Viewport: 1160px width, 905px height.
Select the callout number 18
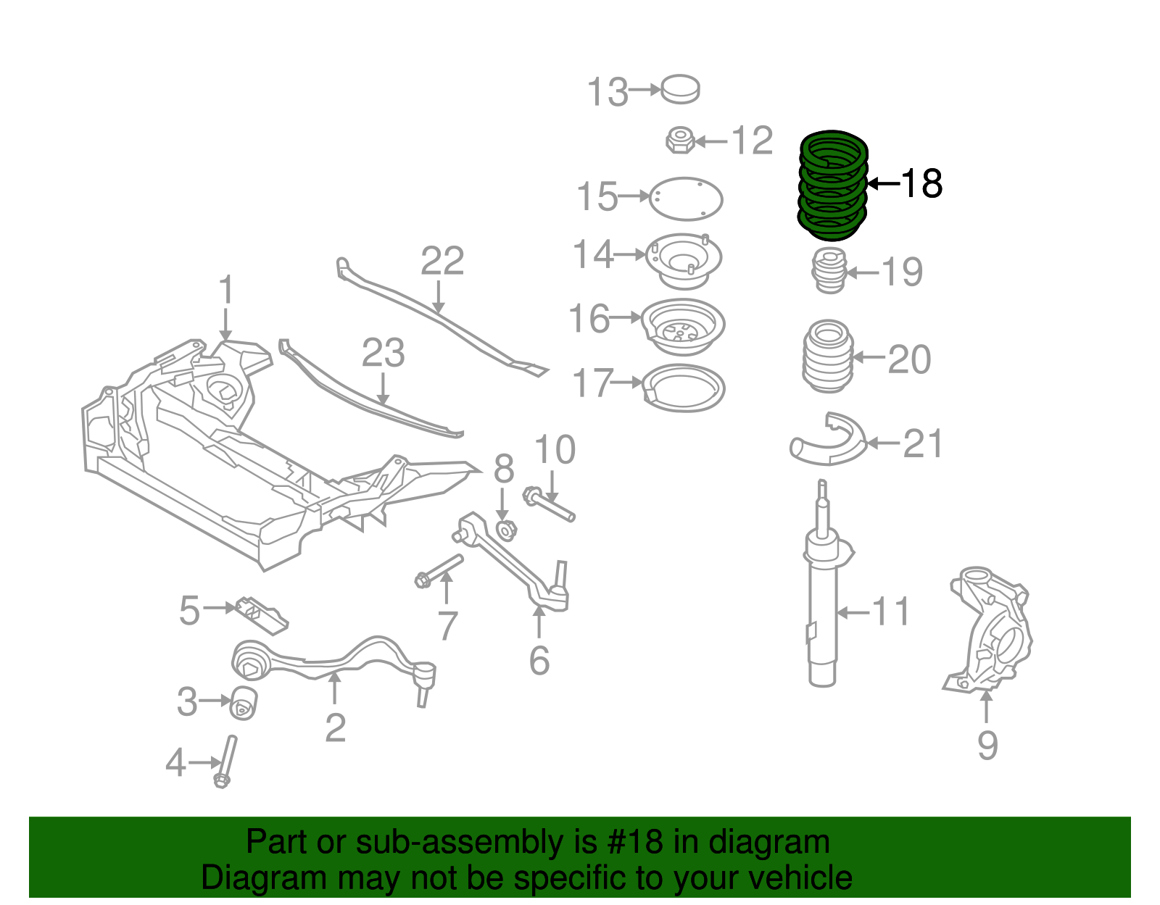point(921,183)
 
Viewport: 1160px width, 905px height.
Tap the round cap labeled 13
point(681,89)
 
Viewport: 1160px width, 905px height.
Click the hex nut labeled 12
point(679,140)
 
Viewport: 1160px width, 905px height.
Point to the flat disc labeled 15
point(686,199)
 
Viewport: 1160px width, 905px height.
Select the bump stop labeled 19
point(829,270)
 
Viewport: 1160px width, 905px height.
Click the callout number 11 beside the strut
point(890,612)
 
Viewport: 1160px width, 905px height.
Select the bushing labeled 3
point(244,702)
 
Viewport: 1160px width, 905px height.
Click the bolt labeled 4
point(226,760)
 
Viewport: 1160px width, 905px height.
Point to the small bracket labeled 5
point(260,614)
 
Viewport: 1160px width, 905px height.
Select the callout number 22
point(442,261)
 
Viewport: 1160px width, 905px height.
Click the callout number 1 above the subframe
point(226,290)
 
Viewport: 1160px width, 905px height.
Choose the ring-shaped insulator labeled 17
point(684,388)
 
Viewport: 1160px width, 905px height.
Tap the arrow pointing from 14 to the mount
point(630,254)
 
